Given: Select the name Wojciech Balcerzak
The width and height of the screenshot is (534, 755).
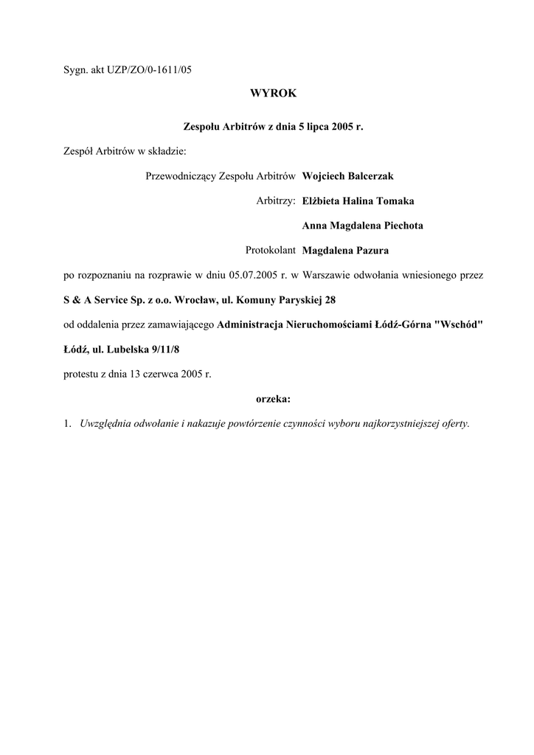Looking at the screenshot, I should click(x=348, y=176).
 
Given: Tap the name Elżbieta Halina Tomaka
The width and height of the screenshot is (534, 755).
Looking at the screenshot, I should click(x=358, y=201).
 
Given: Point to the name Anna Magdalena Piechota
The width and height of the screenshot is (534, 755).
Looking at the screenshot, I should click(x=363, y=225).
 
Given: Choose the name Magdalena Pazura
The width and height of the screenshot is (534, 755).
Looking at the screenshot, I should click(x=344, y=249).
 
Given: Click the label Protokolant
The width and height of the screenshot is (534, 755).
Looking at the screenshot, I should click(x=271, y=249).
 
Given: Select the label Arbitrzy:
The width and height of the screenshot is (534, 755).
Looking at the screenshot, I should click(x=276, y=201).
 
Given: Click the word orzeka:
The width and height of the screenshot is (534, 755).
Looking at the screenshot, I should click(x=273, y=398).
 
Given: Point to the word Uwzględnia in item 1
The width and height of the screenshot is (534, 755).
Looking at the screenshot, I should click(x=105, y=424).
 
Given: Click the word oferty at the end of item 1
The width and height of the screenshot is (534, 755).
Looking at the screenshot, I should click(x=455, y=424).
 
